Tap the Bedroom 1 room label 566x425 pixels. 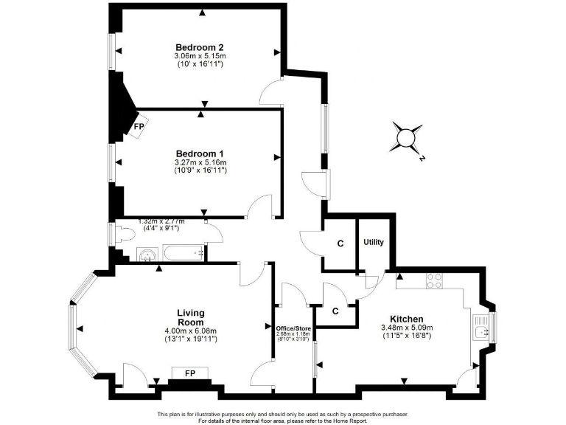pyautogui.click(x=199, y=153)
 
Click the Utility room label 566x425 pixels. pyautogui.click(x=374, y=242)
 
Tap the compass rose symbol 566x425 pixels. pyautogui.click(x=407, y=137)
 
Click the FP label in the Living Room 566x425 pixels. pyautogui.click(x=181, y=372)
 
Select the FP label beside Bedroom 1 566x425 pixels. pyautogui.click(x=139, y=128)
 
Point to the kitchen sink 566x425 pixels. pyautogui.click(x=483, y=331)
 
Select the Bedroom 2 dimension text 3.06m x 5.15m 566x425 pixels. pyautogui.click(x=200, y=55)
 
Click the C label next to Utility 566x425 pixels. pyautogui.click(x=340, y=243)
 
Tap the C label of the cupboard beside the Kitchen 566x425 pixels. pyautogui.click(x=335, y=311)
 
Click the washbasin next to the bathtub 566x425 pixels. pyautogui.click(x=147, y=255)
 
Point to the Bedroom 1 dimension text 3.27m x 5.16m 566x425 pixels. pyautogui.click(x=200, y=163)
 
